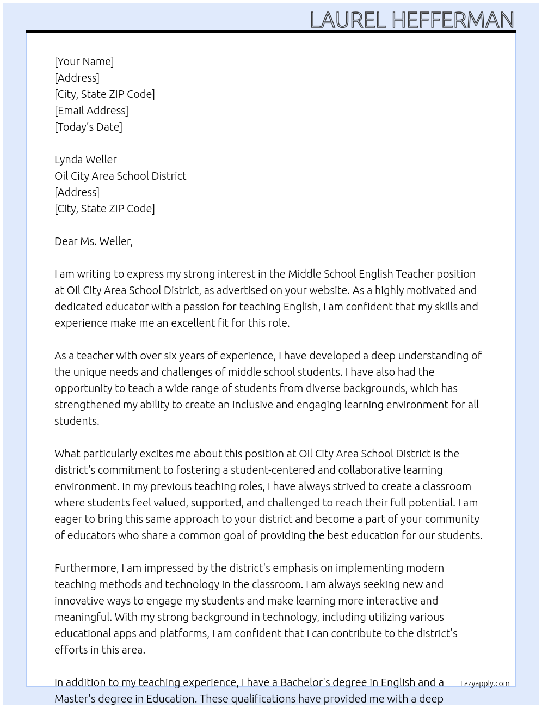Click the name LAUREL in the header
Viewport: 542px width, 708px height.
(348, 20)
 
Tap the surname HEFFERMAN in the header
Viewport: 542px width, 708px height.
(453, 20)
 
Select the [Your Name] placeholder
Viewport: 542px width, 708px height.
(84, 62)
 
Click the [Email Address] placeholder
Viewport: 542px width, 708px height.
(91, 111)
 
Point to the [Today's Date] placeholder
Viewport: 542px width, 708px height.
(88, 127)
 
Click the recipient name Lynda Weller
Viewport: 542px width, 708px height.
(85, 160)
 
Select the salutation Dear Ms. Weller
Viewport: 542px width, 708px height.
(93, 241)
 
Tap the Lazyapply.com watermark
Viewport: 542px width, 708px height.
(485, 683)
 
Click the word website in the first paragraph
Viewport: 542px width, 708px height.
(328, 290)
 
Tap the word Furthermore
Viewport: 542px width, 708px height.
(86, 568)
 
